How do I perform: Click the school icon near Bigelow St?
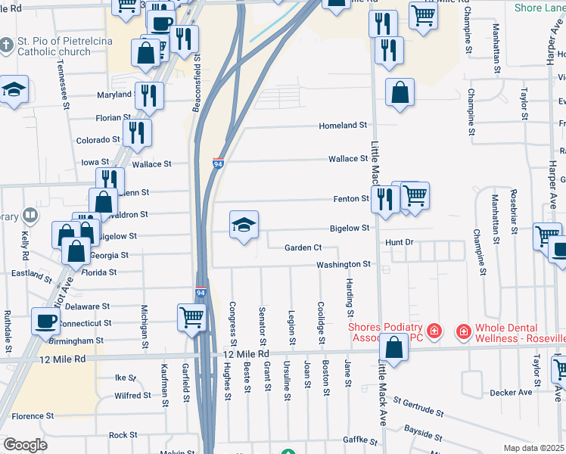point(244,225)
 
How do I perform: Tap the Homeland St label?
point(342,125)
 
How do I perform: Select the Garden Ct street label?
point(303,247)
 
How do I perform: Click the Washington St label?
point(343,264)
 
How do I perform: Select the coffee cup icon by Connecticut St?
point(45,320)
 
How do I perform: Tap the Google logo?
point(25,445)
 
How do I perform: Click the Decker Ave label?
point(511,392)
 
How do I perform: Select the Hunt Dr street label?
point(400,242)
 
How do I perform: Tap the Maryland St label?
point(114,95)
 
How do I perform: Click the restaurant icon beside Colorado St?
point(137,132)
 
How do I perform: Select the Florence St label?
point(33,416)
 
